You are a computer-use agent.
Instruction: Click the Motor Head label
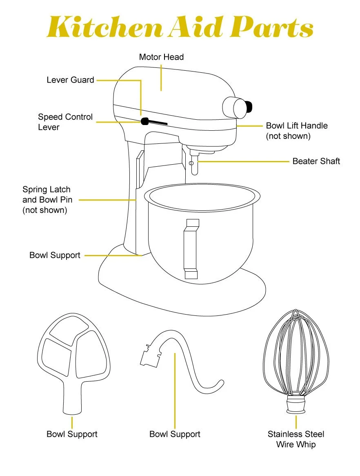[161, 57]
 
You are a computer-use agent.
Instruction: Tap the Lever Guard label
[70, 80]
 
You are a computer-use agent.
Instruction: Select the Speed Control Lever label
[65, 122]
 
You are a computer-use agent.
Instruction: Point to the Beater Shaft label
[316, 161]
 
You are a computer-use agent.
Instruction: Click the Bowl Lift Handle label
[297, 130]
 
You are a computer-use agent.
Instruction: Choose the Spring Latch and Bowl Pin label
[47, 200]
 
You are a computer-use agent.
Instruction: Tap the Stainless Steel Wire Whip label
[296, 439]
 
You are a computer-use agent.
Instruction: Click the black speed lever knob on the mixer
[144, 121]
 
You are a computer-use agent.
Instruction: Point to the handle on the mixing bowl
[191, 249]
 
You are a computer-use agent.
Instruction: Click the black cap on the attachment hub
[250, 107]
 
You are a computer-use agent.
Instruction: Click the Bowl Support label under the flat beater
[72, 434]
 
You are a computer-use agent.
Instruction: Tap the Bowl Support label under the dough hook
[175, 434]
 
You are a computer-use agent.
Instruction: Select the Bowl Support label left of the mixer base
[55, 255]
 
